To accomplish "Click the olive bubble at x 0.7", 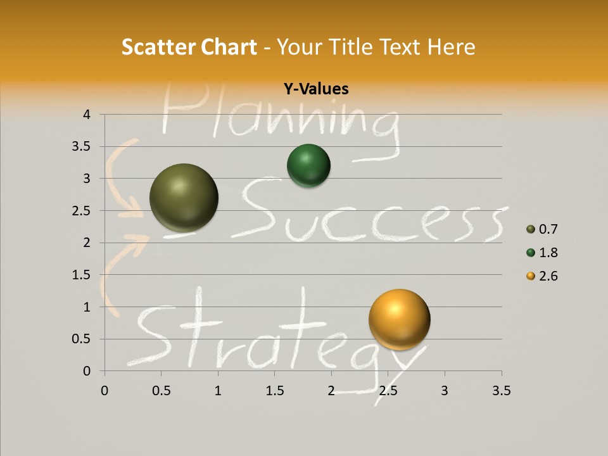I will tap(184, 198).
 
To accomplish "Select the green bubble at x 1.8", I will tap(308, 166).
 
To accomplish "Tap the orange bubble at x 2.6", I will tap(399, 319).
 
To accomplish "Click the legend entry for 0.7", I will tap(542, 229).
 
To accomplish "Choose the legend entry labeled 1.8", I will tap(542, 253).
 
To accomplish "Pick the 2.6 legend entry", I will tap(542, 276).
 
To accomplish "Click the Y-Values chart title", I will tap(315, 89).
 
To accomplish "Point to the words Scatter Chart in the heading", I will tap(189, 47).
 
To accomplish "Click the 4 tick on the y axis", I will tap(87, 115).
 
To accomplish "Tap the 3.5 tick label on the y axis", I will tap(82, 147).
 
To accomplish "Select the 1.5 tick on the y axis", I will tap(82, 275).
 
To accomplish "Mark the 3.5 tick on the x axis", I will tap(501, 391).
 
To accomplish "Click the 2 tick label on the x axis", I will tap(331, 391).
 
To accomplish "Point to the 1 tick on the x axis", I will tap(218, 391).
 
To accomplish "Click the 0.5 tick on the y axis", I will tap(82, 339).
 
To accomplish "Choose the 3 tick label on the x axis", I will tap(444, 391).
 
